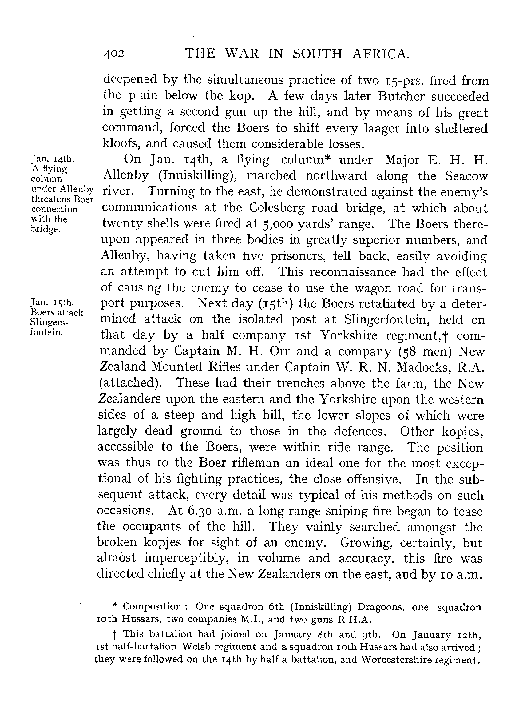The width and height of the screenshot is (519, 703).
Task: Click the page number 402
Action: coord(114,54)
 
